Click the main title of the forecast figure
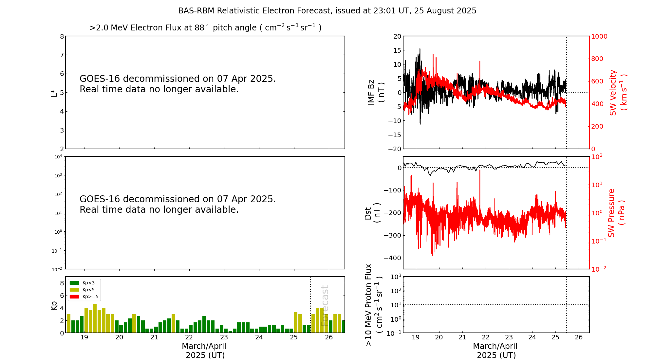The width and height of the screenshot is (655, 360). click(x=327, y=11)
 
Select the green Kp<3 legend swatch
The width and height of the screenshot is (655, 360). click(x=74, y=283)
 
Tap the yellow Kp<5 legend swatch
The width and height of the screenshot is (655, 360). click(x=74, y=290)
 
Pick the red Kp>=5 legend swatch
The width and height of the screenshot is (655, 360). click(x=74, y=297)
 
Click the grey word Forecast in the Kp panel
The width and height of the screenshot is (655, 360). click(x=325, y=306)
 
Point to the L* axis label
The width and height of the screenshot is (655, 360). click(x=54, y=93)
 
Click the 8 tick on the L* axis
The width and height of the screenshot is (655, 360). click(x=62, y=36)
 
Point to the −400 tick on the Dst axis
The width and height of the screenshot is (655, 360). click(x=392, y=258)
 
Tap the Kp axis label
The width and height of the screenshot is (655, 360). click(x=54, y=305)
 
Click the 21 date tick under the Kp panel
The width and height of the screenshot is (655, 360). click(x=154, y=337)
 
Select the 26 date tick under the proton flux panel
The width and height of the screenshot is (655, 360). click(x=579, y=337)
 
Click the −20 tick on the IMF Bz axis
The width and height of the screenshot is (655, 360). click(x=395, y=149)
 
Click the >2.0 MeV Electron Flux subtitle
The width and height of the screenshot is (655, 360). click(x=205, y=28)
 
